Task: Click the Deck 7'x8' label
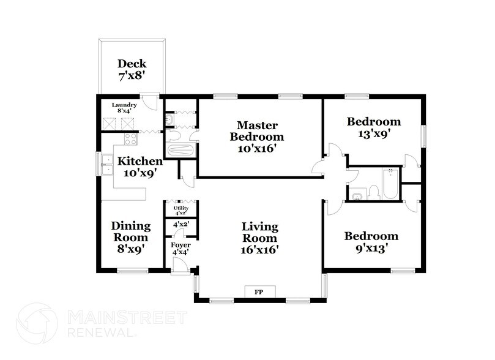point(132,70)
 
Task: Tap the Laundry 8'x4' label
point(124,108)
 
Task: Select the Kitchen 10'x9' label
point(140,167)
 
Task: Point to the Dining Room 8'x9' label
point(130,238)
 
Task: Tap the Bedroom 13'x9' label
point(373,127)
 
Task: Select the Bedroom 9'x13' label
point(371,242)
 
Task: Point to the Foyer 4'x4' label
point(180,249)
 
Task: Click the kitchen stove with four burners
point(130,139)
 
